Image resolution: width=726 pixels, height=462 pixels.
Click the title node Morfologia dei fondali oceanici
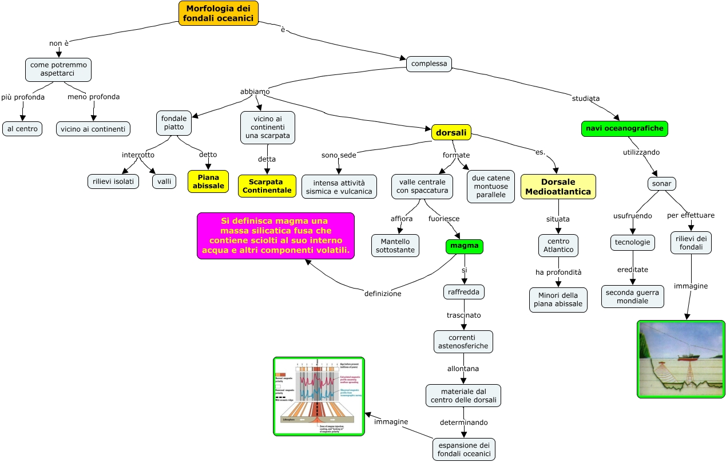point(218,13)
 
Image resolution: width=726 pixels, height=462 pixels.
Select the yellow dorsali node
point(451,133)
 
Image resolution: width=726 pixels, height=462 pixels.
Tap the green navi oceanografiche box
point(624,129)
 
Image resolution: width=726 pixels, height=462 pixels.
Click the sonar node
point(661,184)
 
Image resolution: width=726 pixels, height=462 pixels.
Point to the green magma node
point(464,246)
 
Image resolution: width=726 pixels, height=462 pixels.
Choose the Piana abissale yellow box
point(208,181)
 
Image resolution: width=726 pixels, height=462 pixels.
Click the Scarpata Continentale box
point(267,186)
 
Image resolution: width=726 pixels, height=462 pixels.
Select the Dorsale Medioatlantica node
point(558,187)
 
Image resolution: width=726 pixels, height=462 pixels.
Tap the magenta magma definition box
point(276,236)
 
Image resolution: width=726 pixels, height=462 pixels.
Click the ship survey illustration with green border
point(681,359)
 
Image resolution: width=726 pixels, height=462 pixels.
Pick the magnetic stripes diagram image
point(319,396)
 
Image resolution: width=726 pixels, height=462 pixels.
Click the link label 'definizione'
point(383,294)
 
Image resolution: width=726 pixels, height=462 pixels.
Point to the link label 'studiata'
point(586,98)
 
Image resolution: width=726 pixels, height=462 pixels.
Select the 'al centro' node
point(23,129)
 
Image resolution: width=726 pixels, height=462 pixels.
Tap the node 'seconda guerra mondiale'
point(632,297)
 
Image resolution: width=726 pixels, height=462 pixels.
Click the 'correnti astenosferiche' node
point(463,342)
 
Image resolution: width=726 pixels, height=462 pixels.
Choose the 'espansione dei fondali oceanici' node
point(463,449)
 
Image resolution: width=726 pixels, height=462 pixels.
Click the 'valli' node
point(164,181)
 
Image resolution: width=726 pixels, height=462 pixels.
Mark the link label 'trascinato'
point(463,315)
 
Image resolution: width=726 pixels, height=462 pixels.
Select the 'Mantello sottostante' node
point(395,246)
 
